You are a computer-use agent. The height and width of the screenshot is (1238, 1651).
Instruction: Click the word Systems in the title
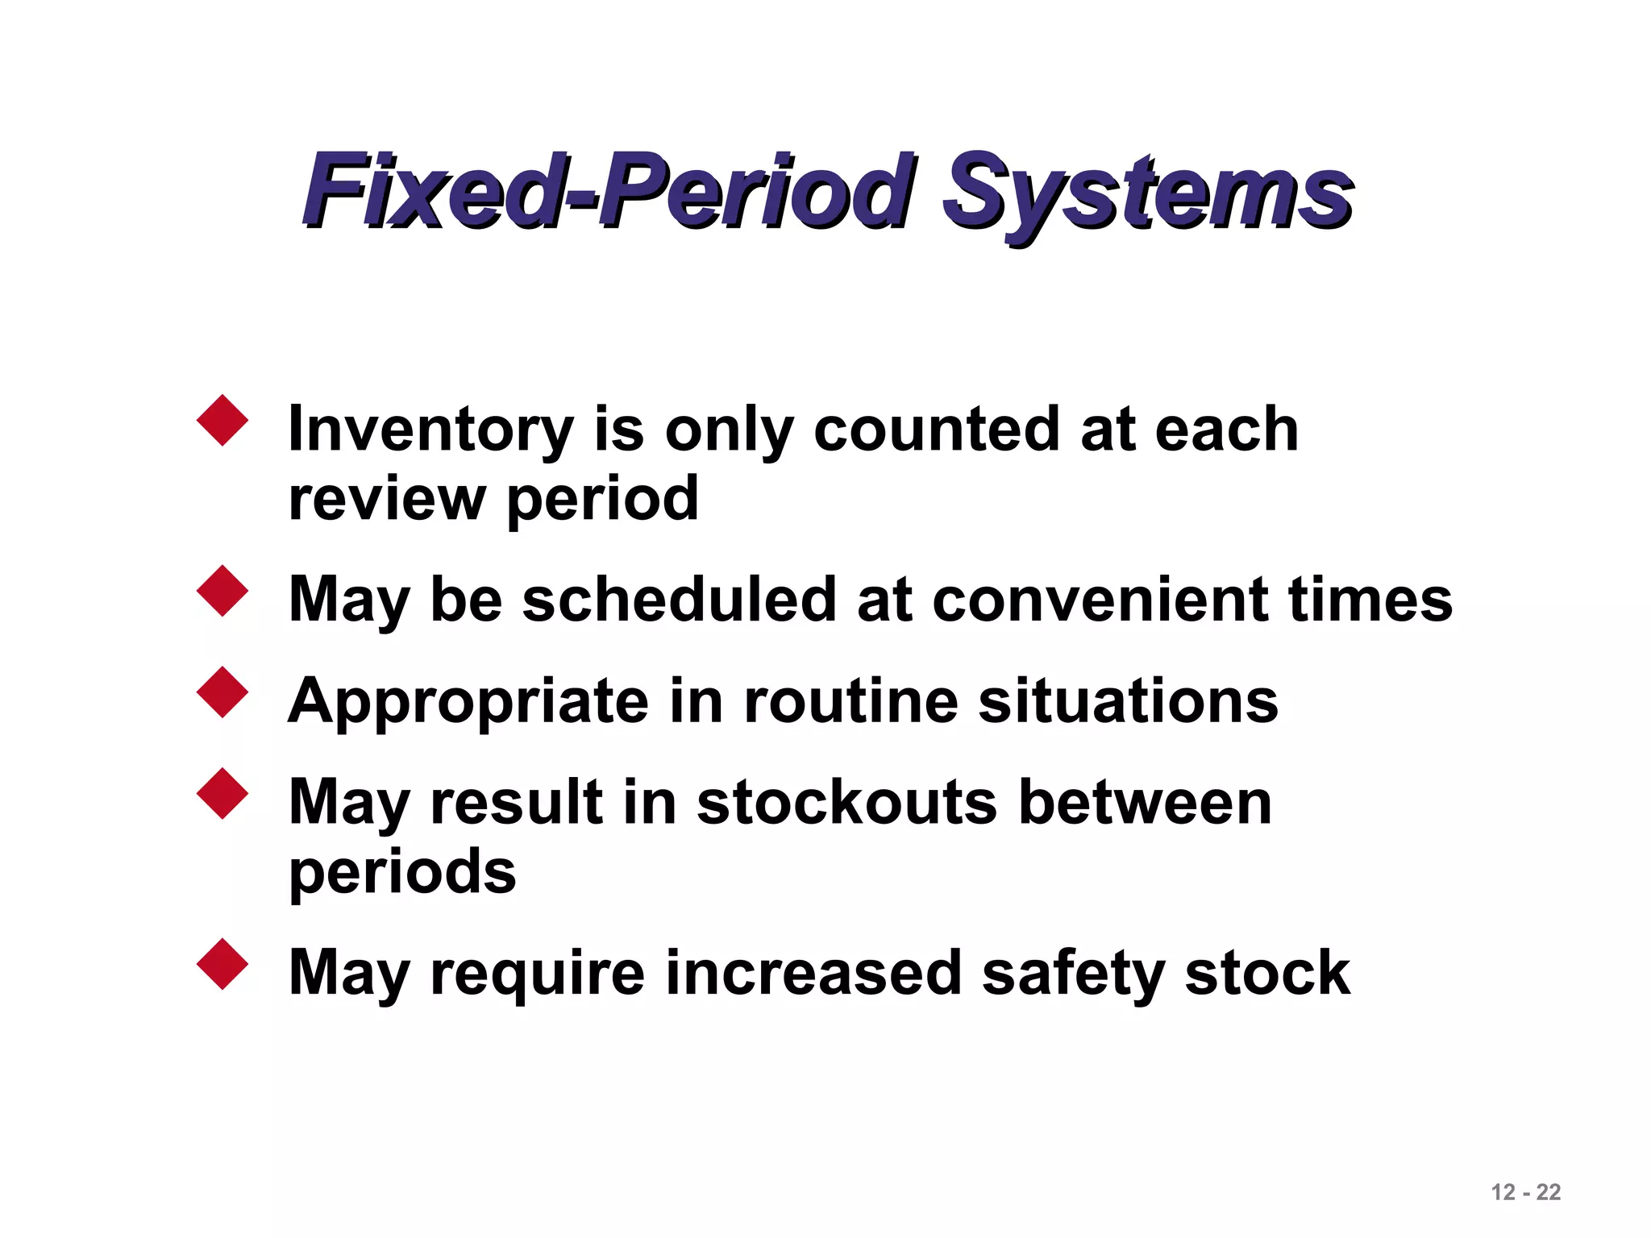click(x=1148, y=193)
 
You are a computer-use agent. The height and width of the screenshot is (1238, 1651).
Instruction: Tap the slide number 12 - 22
click(x=1525, y=1192)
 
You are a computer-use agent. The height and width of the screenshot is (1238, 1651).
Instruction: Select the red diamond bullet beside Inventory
click(x=222, y=420)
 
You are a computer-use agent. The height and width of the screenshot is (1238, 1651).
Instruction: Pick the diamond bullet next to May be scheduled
click(x=222, y=592)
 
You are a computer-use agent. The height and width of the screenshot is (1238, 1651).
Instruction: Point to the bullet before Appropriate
click(x=222, y=692)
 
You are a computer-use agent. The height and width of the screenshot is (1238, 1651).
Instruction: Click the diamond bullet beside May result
click(x=222, y=794)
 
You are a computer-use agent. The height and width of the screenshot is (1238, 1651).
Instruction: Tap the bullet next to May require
click(x=222, y=964)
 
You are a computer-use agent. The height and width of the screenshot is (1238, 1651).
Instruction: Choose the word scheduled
click(x=679, y=600)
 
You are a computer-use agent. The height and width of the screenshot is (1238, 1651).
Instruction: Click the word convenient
click(x=1101, y=600)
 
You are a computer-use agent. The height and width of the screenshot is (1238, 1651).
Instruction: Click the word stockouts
click(x=847, y=803)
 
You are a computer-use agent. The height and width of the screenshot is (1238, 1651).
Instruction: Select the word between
click(x=1146, y=803)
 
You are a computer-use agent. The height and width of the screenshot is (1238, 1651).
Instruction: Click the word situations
click(x=1128, y=701)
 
